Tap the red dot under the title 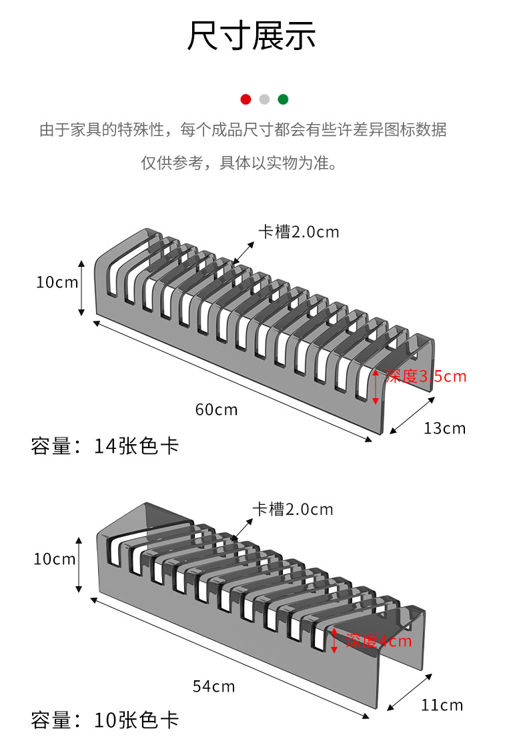tap(245, 99)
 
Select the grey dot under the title tap(264, 99)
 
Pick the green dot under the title tap(283, 99)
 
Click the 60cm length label tap(216, 410)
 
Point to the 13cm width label tap(444, 428)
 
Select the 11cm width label tap(442, 705)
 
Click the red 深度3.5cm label tap(426, 376)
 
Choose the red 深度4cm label tap(378, 642)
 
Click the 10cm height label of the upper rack tap(57, 282)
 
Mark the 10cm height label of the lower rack tap(55, 559)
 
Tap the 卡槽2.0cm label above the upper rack tap(299, 232)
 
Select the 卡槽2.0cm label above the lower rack tap(293, 510)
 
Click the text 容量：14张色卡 tap(105, 446)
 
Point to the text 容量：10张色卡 tap(105, 721)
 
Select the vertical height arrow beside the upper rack tap(81, 288)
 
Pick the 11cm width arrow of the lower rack tap(409, 692)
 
